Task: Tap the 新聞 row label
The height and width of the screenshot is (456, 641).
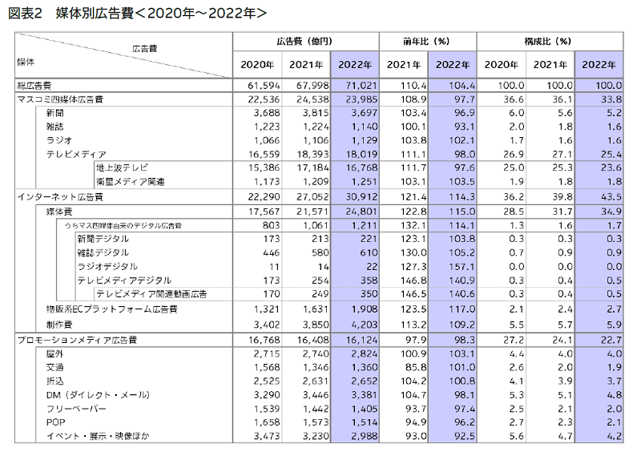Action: [x=54, y=113]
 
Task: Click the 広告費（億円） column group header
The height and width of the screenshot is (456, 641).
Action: [x=304, y=42]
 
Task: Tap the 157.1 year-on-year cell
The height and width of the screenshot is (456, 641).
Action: [x=462, y=267]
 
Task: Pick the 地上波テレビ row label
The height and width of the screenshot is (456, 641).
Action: [x=123, y=167]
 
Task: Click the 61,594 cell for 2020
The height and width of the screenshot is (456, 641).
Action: [x=264, y=86]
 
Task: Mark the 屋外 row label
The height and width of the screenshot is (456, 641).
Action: [x=54, y=353]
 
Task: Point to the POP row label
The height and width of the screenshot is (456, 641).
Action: [x=55, y=422]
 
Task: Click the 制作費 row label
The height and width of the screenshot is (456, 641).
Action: [x=59, y=325]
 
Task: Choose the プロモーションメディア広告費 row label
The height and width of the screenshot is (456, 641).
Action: [x=77, y=340]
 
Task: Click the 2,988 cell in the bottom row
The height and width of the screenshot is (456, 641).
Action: [x=365, y=436]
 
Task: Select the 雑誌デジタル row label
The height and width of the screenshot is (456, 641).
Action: [x=103, y=252]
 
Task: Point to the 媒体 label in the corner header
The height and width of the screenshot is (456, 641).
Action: [x=26, y=63]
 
